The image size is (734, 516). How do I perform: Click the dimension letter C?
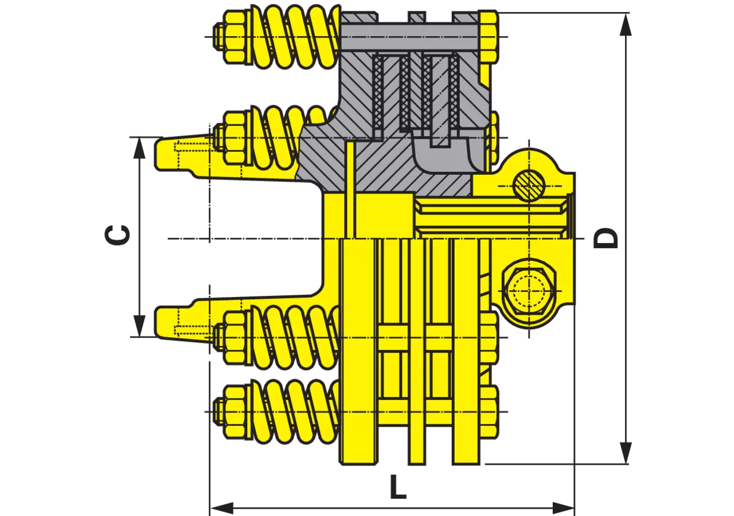point(117,235)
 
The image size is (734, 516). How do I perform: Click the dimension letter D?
point(606,238)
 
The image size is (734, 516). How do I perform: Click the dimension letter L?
point(398,487)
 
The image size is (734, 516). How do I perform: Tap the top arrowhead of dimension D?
point(626,25)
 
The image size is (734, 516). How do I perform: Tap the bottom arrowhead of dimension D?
point(626,452)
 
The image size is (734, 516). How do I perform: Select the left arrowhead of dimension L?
point(222,508)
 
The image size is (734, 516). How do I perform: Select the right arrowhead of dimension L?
point(563,508)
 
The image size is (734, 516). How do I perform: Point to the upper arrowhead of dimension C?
point(139,148)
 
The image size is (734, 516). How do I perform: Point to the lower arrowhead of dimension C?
point(139,326)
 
